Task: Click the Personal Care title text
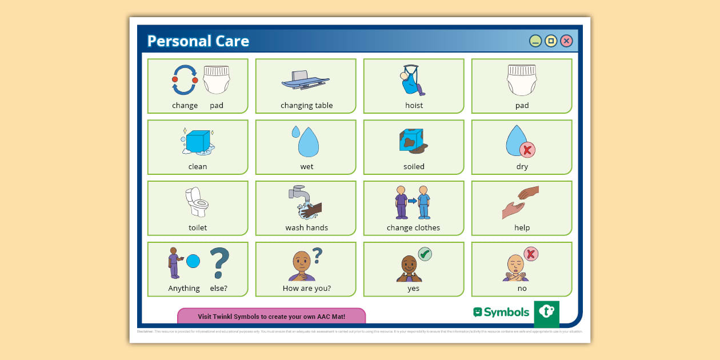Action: pos(198,41)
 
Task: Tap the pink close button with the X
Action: pos(566,41)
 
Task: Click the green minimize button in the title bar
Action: pos(535,41)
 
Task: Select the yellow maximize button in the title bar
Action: pos(551,41)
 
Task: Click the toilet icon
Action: pos(197,202)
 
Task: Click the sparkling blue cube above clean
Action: pos(198,141)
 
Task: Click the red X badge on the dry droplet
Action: pos(527,150)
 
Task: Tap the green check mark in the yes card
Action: pos(425,254)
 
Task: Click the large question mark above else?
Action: pos(219,263)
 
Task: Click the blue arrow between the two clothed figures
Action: pos(412,201)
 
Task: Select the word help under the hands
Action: pos(522,227)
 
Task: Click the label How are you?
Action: pos(307,289)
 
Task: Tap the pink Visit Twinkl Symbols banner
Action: pos(271,316)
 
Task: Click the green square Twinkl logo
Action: pos(546,313)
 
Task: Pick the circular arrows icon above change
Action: pos(185,80)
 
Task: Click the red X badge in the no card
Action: pos(531,254)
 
